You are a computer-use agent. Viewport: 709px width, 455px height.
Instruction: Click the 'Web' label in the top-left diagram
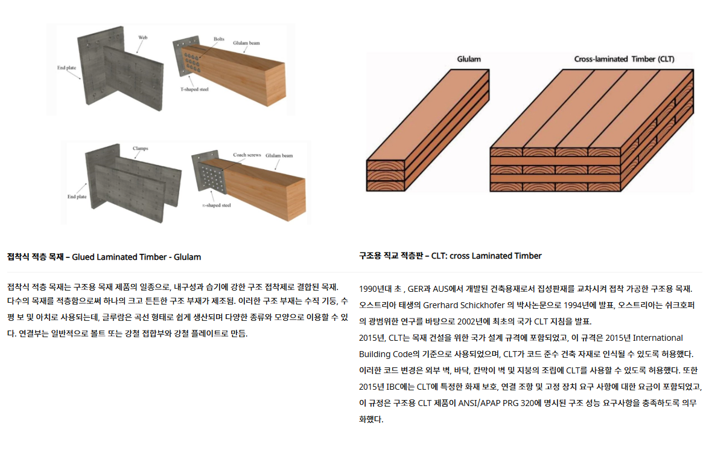tap(143, 37)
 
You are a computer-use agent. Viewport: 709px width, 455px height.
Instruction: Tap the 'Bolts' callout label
tap(218, 39)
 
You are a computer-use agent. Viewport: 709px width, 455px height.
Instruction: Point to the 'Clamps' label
tap(140, 148)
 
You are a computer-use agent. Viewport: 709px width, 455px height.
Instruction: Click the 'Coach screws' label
tap(247, 155)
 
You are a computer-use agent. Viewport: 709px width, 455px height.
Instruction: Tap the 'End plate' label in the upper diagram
tap(66, 68)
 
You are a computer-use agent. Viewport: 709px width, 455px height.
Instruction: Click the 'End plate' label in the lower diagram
tap(77, 196)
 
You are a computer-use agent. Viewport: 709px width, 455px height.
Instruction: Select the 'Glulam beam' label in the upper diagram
tap(246, 44)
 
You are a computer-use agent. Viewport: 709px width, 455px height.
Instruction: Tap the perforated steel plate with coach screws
tap(211, 178)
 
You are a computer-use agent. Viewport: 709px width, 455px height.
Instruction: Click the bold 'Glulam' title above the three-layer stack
tap(468, 59)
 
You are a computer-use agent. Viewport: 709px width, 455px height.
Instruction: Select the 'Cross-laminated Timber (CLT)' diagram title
tap(624, 59)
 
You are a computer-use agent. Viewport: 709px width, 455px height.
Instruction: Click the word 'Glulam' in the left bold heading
tap(188, 257)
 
